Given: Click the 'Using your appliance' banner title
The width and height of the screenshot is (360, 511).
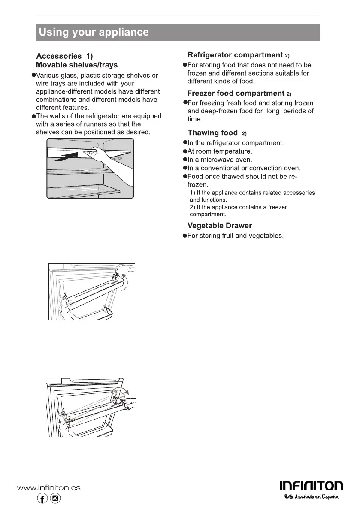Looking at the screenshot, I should pos(94,32).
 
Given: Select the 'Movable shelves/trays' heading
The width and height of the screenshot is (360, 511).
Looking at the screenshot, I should pos(77,65).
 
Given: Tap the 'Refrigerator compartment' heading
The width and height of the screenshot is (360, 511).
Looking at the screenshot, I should pos(236,55).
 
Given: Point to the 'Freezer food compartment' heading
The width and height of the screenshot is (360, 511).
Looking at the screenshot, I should pos(236,93).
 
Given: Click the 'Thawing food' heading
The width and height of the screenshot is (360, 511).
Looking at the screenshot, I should pos(212,133).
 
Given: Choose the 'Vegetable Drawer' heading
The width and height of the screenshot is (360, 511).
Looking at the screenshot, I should pos(220,225).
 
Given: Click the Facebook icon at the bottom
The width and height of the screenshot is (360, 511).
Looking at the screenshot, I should pos(42,498).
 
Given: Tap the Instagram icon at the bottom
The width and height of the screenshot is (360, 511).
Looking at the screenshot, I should pos(55,498).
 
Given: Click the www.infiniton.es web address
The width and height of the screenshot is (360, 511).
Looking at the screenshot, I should pos(48,487).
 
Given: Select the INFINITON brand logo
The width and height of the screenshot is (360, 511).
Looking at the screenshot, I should pos(311,486).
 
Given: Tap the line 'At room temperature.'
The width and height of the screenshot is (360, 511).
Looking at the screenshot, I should pos(220,151).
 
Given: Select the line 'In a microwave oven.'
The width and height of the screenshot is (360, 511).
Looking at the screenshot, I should pos(220,160).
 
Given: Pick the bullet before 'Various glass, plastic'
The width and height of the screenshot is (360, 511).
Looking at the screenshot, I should pos(33,75).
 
